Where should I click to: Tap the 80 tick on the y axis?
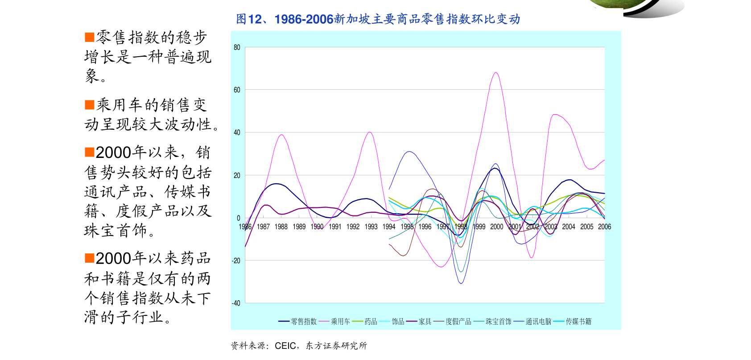tap(237, 47)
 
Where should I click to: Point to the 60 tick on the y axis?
tap(237, 90)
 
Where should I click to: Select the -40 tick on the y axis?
tap(236, 303)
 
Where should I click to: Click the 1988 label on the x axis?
tap(281, 227)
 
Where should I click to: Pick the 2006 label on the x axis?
tap(604, 227)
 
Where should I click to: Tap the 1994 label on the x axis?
tap(389, 227)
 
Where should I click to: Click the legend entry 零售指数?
tap(304, 321)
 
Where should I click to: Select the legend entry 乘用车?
tap(340, 321)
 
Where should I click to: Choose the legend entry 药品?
tap(371, 321)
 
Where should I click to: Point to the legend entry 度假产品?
tap(458, 321)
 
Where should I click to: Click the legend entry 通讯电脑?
tap(538, 321)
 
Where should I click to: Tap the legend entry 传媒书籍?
tap(578, 321)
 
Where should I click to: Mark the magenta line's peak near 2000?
tap(496, 73)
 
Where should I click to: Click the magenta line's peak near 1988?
tap(281, 135)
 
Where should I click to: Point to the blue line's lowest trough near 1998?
tap(461, 283)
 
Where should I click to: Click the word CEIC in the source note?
tap(285, 346)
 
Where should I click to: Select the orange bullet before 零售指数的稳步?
tap(90, 37)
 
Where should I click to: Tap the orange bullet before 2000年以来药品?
tap(90, 258)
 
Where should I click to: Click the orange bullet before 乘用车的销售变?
tap(90, 105)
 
